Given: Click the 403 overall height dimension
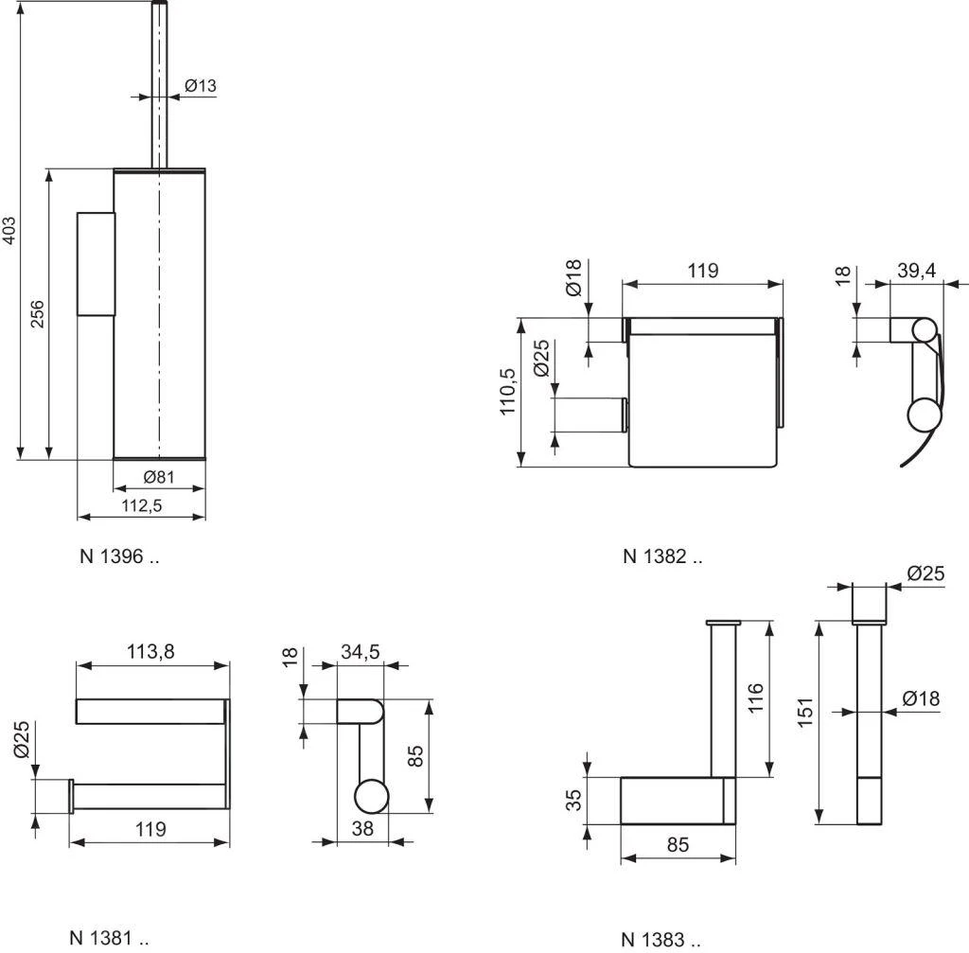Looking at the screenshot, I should (9, 231).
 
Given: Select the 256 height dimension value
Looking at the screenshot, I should (38, 314).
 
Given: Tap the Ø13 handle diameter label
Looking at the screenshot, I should (200, 86).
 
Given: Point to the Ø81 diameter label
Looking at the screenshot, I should (159, 476).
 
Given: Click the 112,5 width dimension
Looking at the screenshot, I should (142, 505).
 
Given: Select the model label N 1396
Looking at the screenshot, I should (118, 556).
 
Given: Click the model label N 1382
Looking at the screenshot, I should (662, 556).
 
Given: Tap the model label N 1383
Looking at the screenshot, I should (661, 939).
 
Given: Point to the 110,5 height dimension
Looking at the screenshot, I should (508, 392).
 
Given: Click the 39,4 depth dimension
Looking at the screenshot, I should (916, 271).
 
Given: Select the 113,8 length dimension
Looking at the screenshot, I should (151, 651).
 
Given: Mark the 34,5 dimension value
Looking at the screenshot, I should (360, 651).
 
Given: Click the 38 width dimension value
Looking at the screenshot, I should (361, 828).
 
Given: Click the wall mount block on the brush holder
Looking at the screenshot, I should (95, 263).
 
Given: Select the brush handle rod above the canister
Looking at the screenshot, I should (159, 85).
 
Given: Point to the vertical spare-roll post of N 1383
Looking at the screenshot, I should (724, 700).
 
